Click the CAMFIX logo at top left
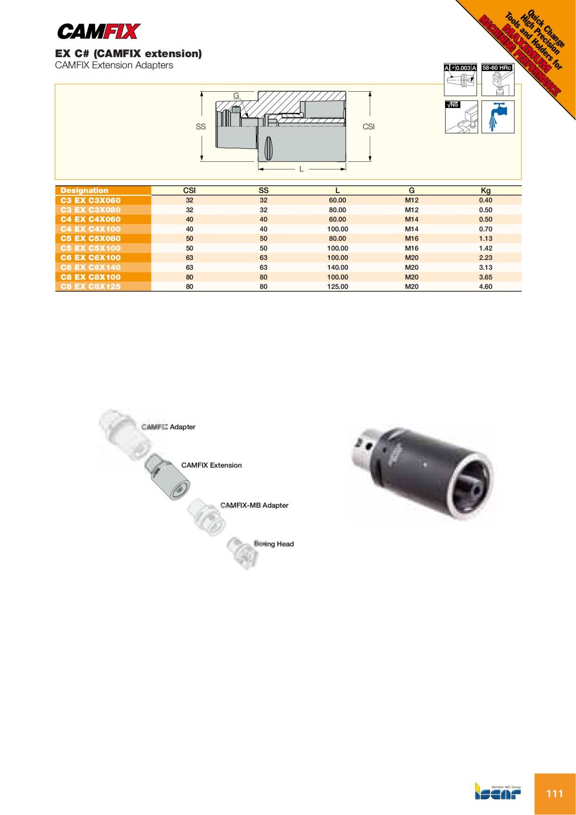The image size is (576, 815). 98,32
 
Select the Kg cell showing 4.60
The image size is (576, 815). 485,287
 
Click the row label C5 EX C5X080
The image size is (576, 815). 91,239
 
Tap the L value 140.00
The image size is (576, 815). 337,268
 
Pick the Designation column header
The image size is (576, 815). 84,191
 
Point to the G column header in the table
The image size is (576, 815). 411,191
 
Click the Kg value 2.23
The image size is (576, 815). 485,258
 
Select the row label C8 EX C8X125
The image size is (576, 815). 91,287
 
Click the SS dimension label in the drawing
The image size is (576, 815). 201,127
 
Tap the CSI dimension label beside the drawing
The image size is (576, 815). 369,127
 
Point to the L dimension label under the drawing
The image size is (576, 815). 301,169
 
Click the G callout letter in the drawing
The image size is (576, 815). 236,96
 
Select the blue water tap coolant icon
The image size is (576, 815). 498,117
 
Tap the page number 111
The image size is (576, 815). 554,793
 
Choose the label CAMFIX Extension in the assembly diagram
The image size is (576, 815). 211,465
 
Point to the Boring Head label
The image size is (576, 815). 274,544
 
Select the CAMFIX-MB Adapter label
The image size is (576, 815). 254,506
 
